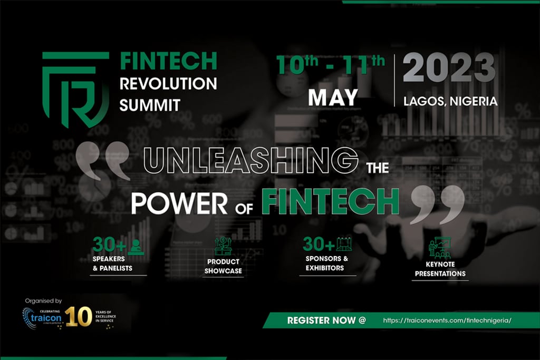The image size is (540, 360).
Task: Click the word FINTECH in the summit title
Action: pyautogui.click(x=168, y=61)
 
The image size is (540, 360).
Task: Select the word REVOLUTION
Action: pyautogui.click(x=168, y=83)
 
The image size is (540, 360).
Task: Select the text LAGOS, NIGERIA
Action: pyautogui.click(x=450, y=101)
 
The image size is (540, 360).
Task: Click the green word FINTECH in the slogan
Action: pyautogui.click(x=330, y=201)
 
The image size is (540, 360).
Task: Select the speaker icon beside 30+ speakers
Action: pyautogui.click(x=136, y=247)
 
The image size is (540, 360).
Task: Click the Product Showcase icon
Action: pyautogui.click(x=224, y=246)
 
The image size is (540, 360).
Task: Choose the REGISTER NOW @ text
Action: pyautogui.click(x=326, y=320)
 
